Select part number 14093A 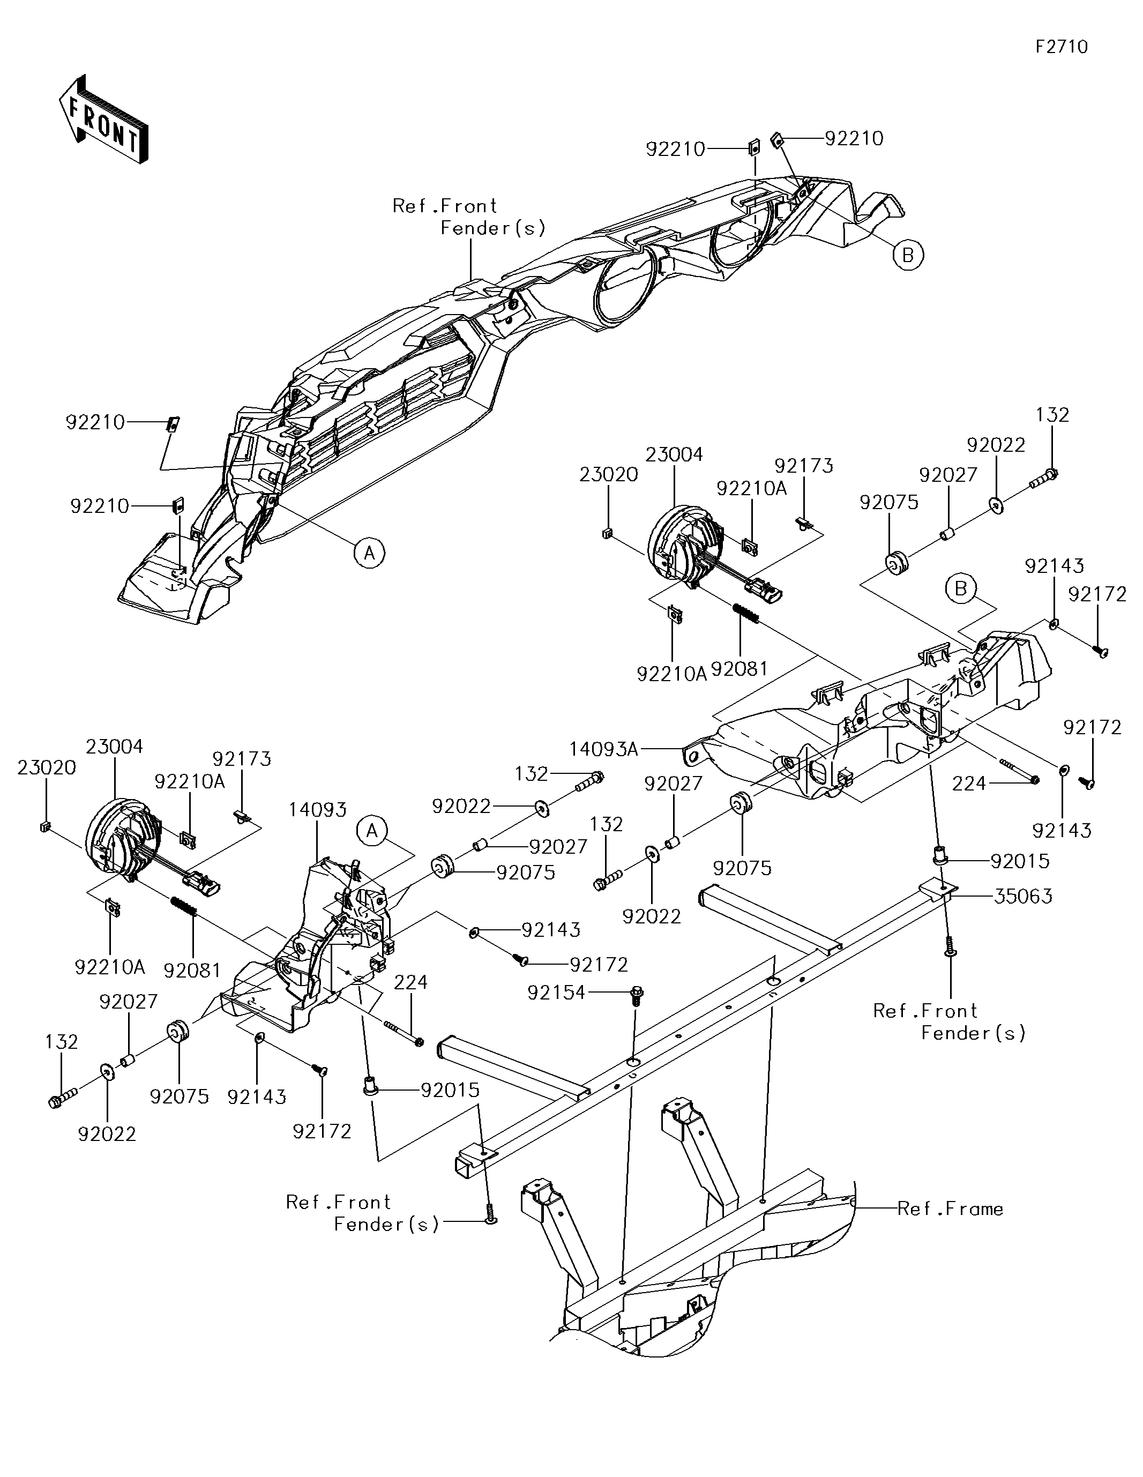[x=604, y=749]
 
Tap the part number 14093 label [x=318, y=809]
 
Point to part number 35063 [x=1022, y=896]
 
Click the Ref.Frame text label [x=950, y=1209]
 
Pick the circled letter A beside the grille [x=369, y=553]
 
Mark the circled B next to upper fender [x=908, y=255]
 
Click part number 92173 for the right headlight [x=803, y=466]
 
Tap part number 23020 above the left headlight [x=47, y=767]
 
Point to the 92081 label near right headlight [x=739, y=669]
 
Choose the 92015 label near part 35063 [x=1020, y=861]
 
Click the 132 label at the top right [x=1052, y=415]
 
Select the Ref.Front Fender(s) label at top [x=468, y=217]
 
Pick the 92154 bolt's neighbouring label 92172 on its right [x=599, y=964]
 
